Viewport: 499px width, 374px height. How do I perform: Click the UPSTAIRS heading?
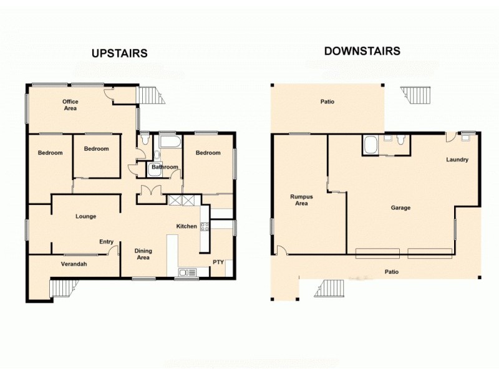coord(119,54)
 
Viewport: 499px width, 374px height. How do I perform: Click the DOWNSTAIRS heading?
coord(362,51)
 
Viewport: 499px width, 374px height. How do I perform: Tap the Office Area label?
coord(69,105)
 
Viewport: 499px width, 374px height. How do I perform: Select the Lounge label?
coord(85,216)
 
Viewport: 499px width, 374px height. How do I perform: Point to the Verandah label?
coord(74,264)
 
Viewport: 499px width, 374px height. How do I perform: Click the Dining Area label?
coord(143,254)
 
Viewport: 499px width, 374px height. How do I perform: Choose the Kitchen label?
coord(187,226)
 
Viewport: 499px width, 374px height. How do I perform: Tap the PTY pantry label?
coord(218,262)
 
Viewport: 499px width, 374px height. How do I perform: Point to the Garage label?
coord(400,208)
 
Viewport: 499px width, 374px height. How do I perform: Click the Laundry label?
coord(457,160)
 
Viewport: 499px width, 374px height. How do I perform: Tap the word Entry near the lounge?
coord(106,242)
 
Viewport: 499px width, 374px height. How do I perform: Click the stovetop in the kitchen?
coord(204,227)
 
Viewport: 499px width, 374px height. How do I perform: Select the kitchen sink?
coord(187,272)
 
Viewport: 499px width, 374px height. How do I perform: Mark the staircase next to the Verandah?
coord(64,289)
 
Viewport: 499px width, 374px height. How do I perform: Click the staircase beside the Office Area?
coord(150,95)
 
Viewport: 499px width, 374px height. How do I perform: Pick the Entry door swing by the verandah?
coord(113,251)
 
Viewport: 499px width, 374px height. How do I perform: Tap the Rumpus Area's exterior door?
coord(281,251)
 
